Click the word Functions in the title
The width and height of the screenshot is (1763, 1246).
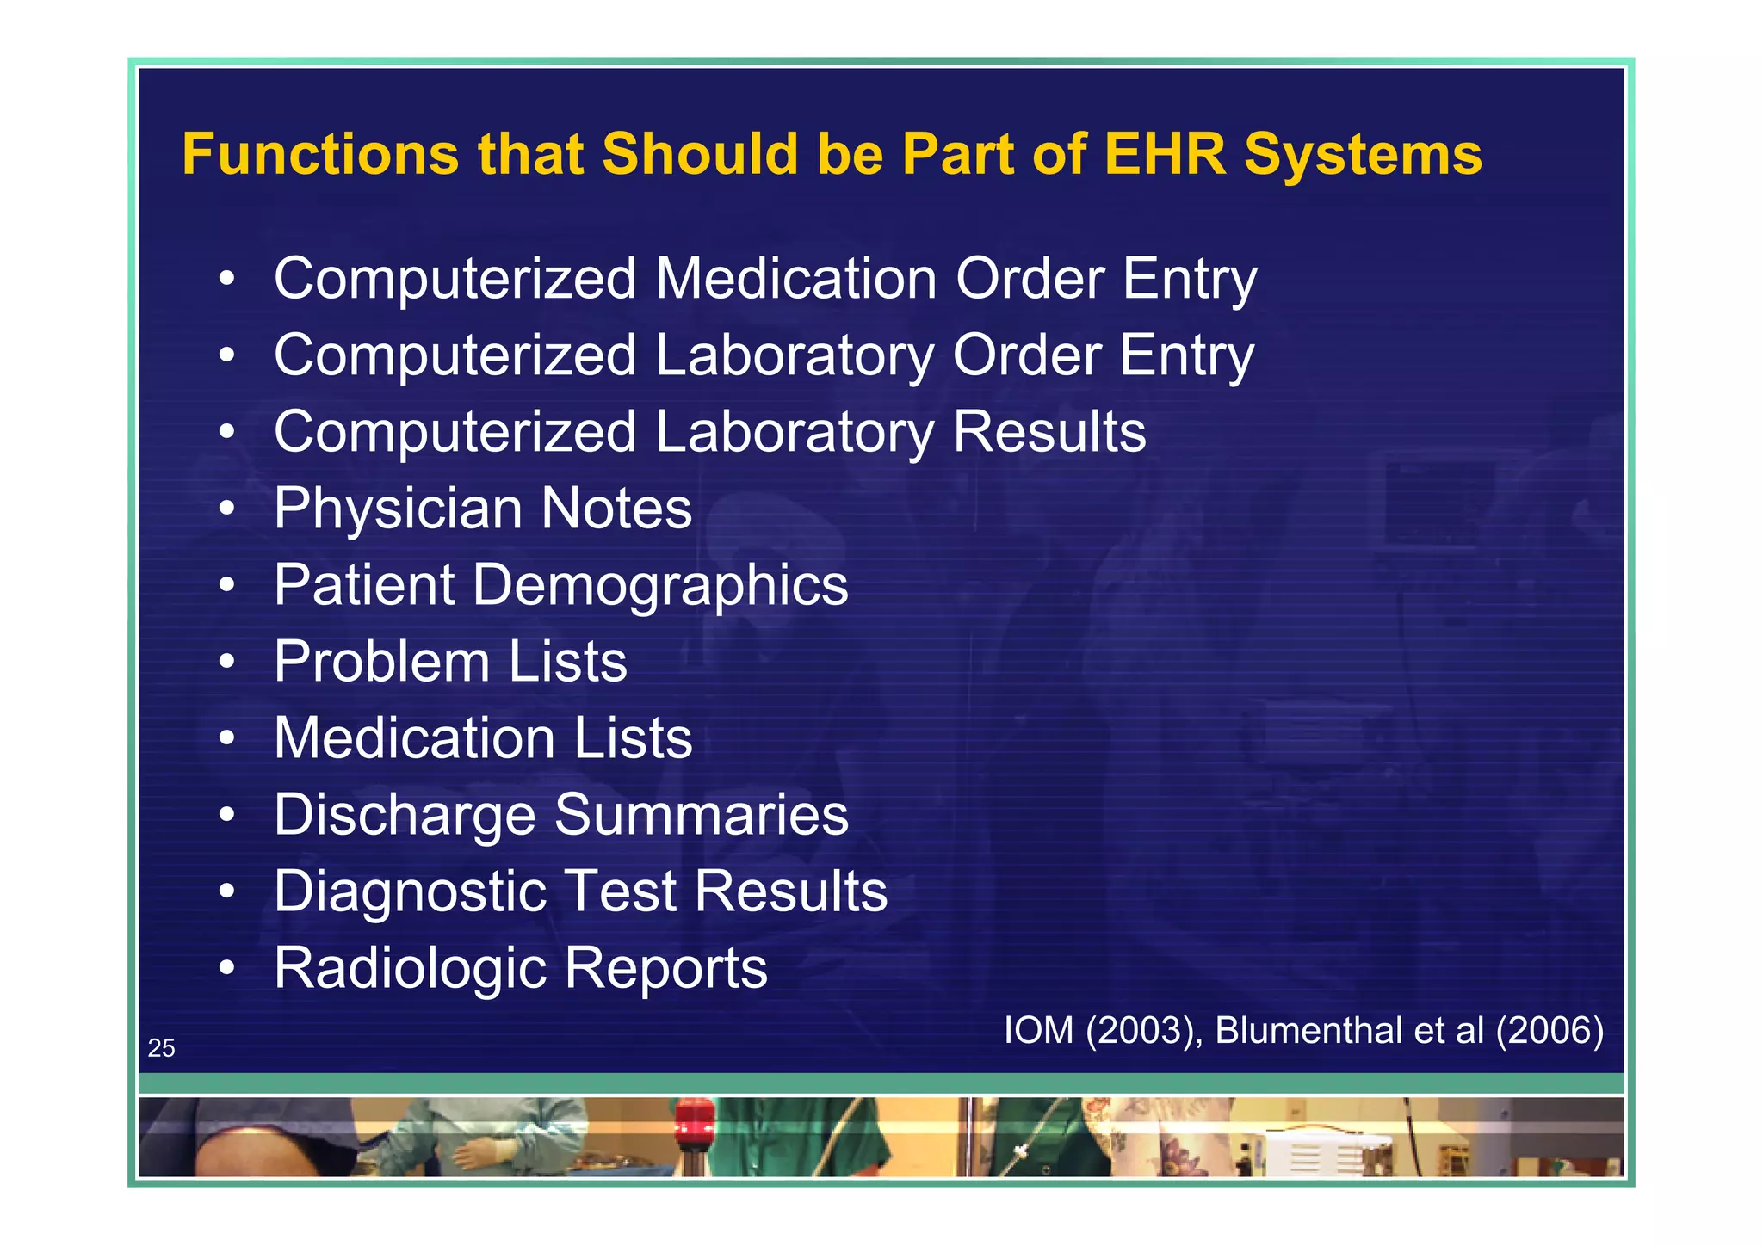click(319, 155)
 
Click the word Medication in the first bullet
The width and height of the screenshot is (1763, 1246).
click(796, 279)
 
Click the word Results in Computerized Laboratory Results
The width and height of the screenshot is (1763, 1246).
click(1049, 432)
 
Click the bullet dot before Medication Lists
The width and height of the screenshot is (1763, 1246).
click(226, 737)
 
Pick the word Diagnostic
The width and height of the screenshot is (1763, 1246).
click(410, 891)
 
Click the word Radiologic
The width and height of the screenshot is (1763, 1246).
click(410, 968)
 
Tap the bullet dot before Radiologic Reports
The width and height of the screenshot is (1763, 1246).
click(226, 968)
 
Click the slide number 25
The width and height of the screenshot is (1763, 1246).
click(161, 1048)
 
